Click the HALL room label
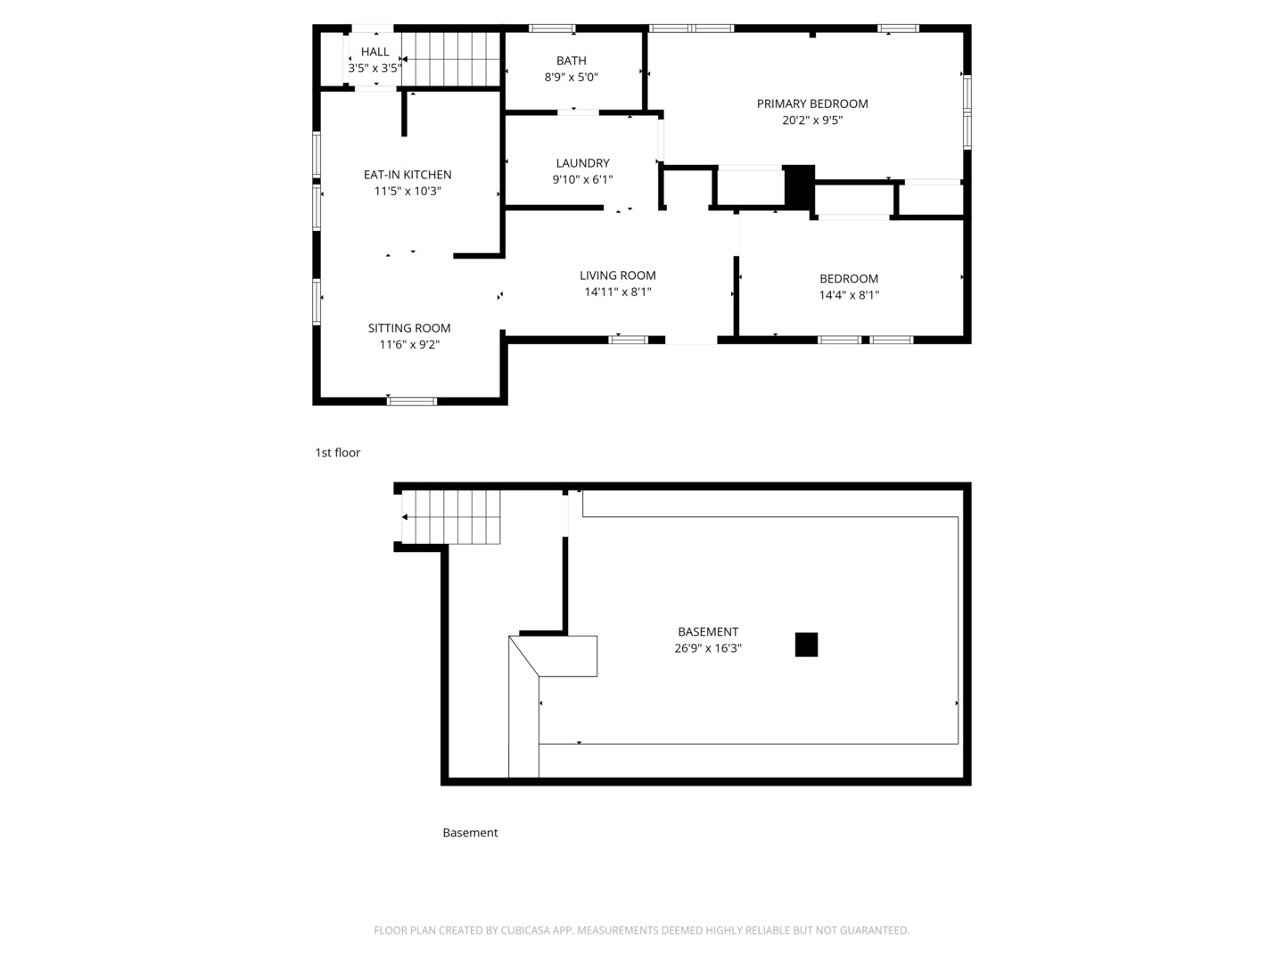point(375,52)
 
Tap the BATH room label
point(571,61)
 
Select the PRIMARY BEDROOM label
point(812,104)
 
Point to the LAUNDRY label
point(582,163)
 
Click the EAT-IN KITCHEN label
point(407,175)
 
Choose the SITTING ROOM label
point(409,329)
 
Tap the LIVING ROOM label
point(618,276)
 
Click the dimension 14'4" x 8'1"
point(849,295)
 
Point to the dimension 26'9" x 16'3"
point(708,648)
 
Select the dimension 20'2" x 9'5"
point(812,120)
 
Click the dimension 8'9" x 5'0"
point(571,78)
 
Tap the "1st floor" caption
point(338,453)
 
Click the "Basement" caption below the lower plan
point(470,833)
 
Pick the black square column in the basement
point(806,645)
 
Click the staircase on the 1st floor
point(450,59)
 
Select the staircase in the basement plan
point(451,517)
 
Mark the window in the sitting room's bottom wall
point(412,401)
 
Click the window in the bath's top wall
point(552,28)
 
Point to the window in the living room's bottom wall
point(629,340)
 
